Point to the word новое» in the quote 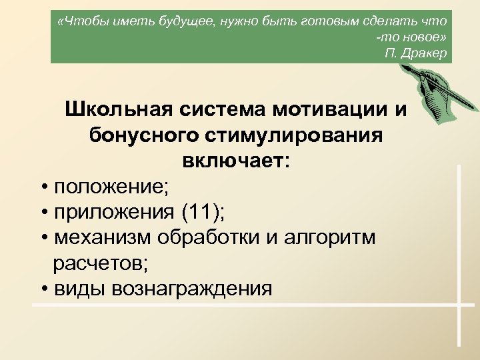424,37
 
